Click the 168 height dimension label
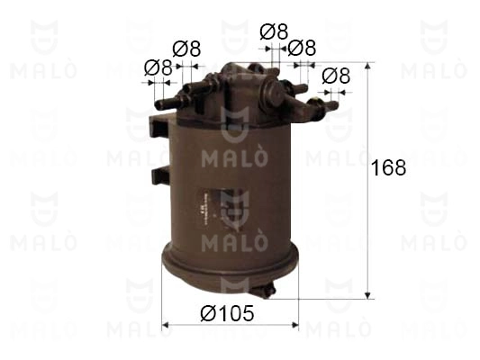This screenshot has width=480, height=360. click(x=388, y=167)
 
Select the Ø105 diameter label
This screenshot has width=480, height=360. click(x=227, y=313)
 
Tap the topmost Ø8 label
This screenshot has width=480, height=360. click(x=274, y=31)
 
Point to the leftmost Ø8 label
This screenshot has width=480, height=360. click(x=158, y=67)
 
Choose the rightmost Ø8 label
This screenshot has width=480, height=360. click(x=336, y=76)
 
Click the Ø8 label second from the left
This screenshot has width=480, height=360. click(x=186, y=49)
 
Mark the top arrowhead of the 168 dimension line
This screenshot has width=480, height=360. click(x=368, y=66)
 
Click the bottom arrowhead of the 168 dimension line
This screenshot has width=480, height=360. click(x=368, y=295)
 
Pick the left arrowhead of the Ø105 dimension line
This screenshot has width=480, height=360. click(x=166, y=325)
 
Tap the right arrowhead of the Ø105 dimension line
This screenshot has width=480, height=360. click(x=294, y=325)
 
